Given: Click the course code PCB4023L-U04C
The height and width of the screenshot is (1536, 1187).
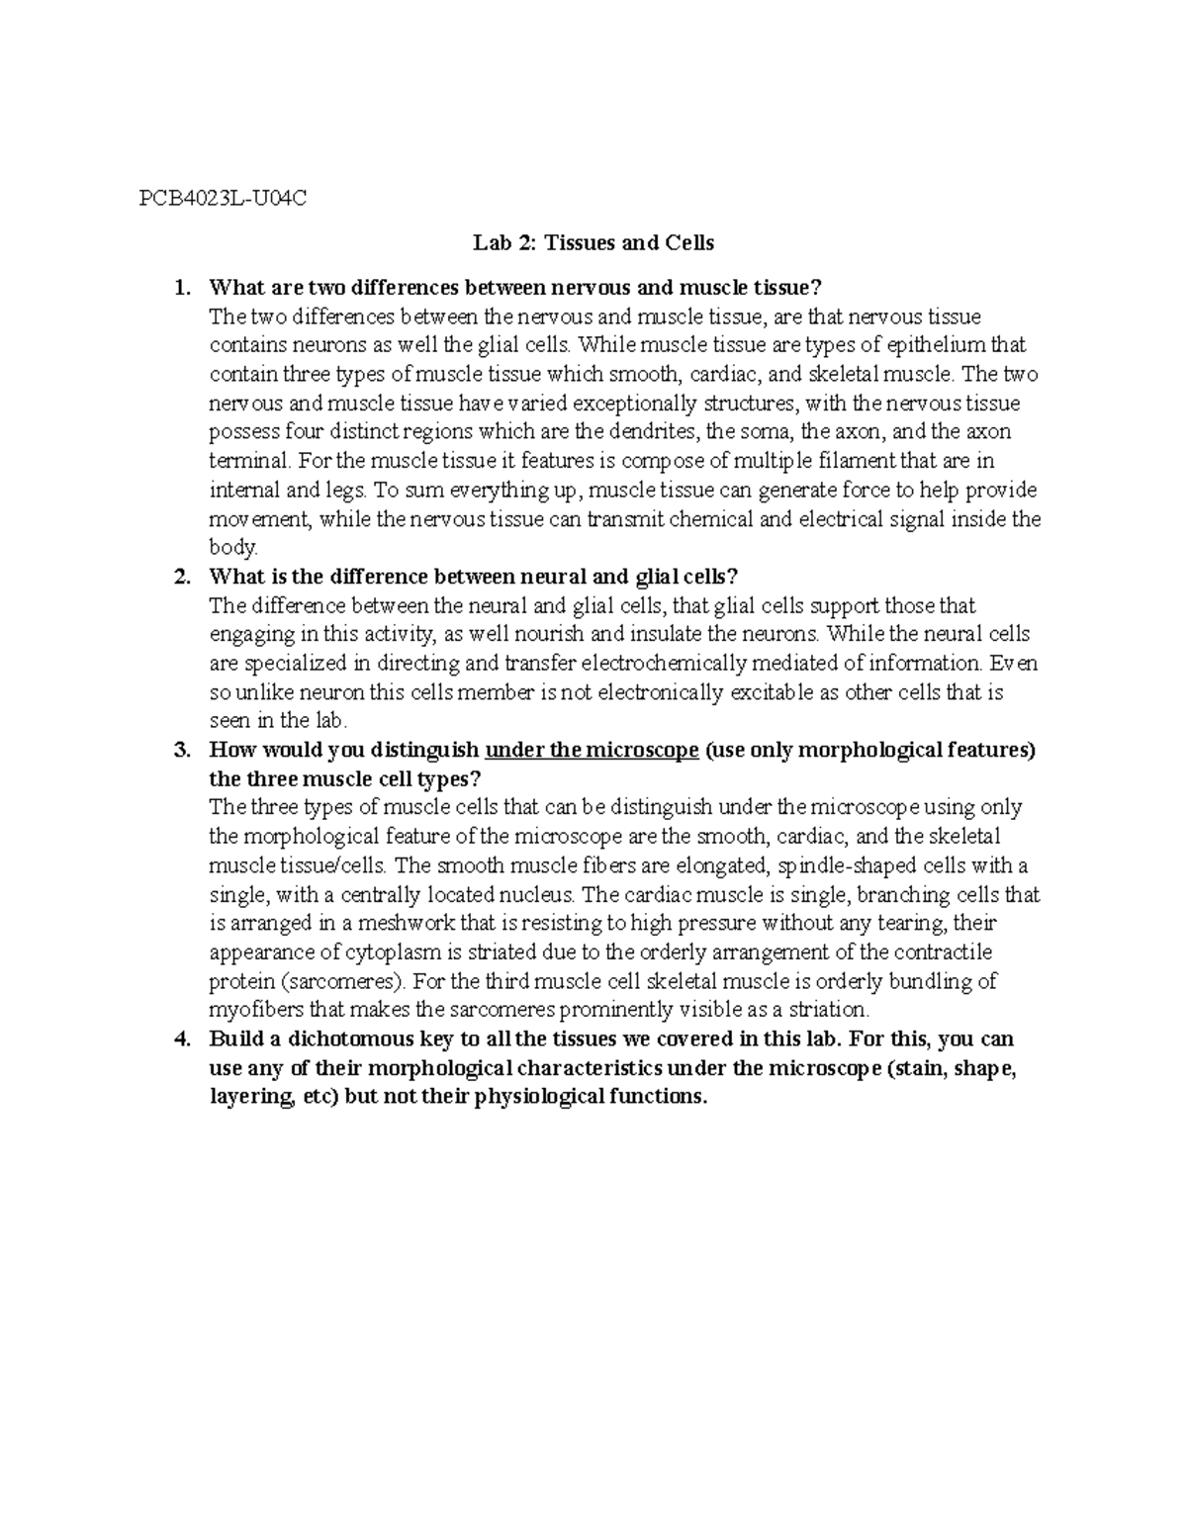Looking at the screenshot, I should pyautogui.click(x=223, y=199).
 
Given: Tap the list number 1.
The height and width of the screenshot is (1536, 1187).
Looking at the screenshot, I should pyautogui.click(x=179, y=288).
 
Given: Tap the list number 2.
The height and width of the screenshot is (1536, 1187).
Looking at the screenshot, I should pyautogui.click(x=180, y=577).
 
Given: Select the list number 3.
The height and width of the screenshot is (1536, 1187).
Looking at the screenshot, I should pyautogui.click(x=180, y=750).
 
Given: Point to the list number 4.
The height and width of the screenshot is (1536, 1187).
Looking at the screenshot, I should pyautogui.click(x=180, y=1039).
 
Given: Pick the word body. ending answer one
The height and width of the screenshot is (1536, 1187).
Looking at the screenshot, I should pyautogui.click(x=233, y=548).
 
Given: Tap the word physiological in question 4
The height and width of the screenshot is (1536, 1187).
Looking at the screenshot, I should pyautogui.click(x=526, y=1098).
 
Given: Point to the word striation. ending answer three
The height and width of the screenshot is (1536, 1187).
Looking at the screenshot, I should pyautogui.click(x=822, y=1011).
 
